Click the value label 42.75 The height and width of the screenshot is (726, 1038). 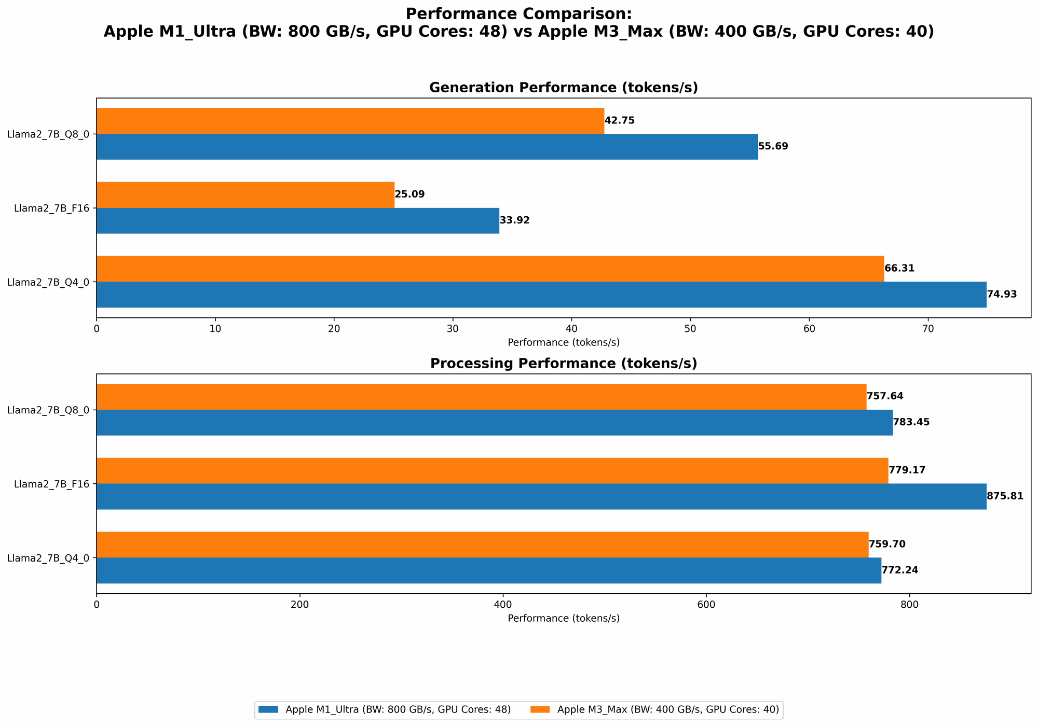(x=619, y=121)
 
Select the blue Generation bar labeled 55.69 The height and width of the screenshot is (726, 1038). (x=427, y=147)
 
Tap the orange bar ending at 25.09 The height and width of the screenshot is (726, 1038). (x=245, y=195)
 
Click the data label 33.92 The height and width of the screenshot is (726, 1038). (x=514, y=220)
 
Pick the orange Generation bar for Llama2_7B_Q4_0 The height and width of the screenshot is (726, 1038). (x=490, y=269)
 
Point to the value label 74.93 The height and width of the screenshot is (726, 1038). (x=1002, y=295)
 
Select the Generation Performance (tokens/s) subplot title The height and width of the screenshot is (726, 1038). (x=563, y=88)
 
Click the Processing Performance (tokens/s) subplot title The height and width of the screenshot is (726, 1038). (x=563, y=364)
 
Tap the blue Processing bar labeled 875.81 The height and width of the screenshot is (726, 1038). (x=541, y=496)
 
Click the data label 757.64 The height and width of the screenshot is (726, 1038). (x=885, y=396)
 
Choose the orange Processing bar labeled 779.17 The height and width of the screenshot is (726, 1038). (x=492, y=470)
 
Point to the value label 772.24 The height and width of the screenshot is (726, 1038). (x=899, y=570)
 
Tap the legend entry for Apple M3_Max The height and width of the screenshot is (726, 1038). (x=667, y=710)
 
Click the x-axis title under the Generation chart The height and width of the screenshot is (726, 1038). (x=563, y=342)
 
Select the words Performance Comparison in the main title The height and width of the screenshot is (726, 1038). (x=518, y=13)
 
